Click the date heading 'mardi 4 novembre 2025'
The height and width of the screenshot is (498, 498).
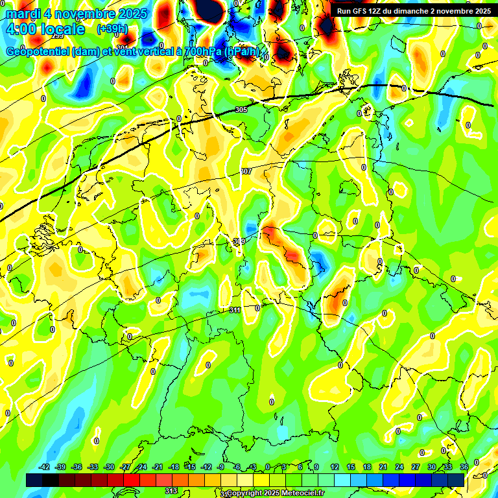tap(77, 13)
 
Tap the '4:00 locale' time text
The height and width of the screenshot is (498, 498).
tap(45, 29)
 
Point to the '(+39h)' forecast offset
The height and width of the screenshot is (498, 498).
tap(112, 29)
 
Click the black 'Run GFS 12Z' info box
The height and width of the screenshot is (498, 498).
tap(412, 11)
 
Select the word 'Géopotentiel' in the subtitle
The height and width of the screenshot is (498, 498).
tap(38, 52)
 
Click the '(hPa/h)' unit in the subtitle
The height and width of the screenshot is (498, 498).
tap(243, 52)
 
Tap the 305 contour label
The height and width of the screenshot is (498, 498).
tap(241, 110)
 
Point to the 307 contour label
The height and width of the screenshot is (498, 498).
tap(246, 171)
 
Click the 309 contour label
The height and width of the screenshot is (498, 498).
tap(239, 241)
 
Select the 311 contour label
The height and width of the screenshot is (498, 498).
tap(235, 311)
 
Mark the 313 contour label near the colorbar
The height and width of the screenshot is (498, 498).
tap(171, 491)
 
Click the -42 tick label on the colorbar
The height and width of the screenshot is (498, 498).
tap(44, 467)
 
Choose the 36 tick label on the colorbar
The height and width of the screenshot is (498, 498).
tap(464, 467)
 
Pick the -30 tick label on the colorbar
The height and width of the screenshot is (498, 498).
tap(109, 467)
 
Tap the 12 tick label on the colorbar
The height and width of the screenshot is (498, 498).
tap(335, 467)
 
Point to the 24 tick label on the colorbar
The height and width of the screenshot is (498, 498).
tap(399, 467)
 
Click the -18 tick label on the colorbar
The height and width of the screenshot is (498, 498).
tap(174, 467)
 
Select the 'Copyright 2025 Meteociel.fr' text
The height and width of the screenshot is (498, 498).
tap(275, 493)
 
